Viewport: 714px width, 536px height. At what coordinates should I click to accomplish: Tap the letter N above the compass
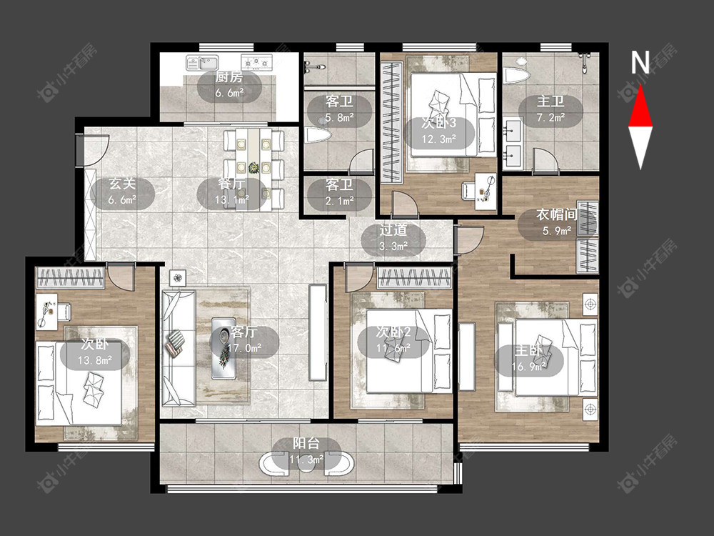(640, 62)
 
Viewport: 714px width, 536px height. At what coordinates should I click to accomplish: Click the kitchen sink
(202, 62)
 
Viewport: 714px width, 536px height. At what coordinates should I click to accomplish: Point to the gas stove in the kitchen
(256, 62)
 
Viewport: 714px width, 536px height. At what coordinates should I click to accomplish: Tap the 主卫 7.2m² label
(550, 109)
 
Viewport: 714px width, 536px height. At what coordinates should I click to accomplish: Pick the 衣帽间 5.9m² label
(556, 223)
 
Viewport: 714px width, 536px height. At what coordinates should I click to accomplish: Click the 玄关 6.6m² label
(122, 192)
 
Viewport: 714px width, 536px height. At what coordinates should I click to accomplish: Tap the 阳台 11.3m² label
(306, 452)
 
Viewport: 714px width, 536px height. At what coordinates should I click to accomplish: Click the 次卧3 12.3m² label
(438, 131)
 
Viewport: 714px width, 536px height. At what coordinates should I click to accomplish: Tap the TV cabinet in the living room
(318, 332)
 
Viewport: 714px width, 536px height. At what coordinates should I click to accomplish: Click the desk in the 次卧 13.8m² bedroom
(47, 312)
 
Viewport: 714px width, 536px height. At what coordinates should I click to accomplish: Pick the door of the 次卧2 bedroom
(358, 278)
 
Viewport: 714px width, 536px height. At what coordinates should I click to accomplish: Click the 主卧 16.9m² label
(528, 359)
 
